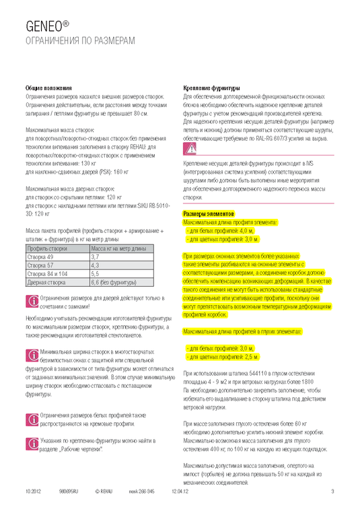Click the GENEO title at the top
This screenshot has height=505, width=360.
tap(47, 26)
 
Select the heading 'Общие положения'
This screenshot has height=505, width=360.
tap(46, 88)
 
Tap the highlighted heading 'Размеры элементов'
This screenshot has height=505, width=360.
tap(209, 213)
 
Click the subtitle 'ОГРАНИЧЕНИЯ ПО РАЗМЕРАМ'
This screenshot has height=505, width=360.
tap(79, 42)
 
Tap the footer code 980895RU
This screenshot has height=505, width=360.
tap(70, 491)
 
